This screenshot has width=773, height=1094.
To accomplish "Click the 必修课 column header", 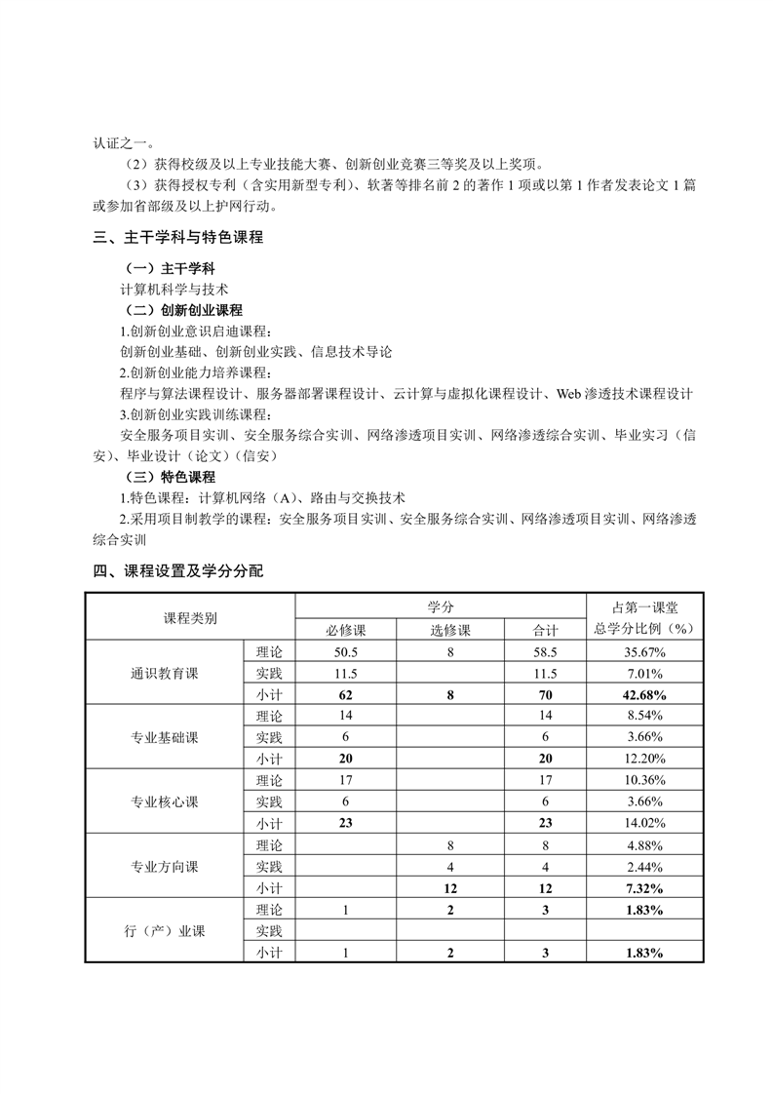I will (x=346, y=630).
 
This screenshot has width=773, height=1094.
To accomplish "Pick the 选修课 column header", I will (x=450, y=630).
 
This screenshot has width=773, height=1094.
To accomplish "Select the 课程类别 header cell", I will (x=190, y=618).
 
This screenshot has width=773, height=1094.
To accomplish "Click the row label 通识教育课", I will (x=164, y=674).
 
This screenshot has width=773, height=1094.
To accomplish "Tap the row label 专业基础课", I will (x=164, y=738).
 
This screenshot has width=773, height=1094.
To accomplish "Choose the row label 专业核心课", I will (x=164, y=802).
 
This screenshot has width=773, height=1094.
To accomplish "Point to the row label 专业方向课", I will (x=164, y=867).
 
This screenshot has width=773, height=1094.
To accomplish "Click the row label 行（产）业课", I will (x=164, y=931).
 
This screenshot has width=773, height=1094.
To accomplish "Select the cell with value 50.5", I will (x=346, y=652).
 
